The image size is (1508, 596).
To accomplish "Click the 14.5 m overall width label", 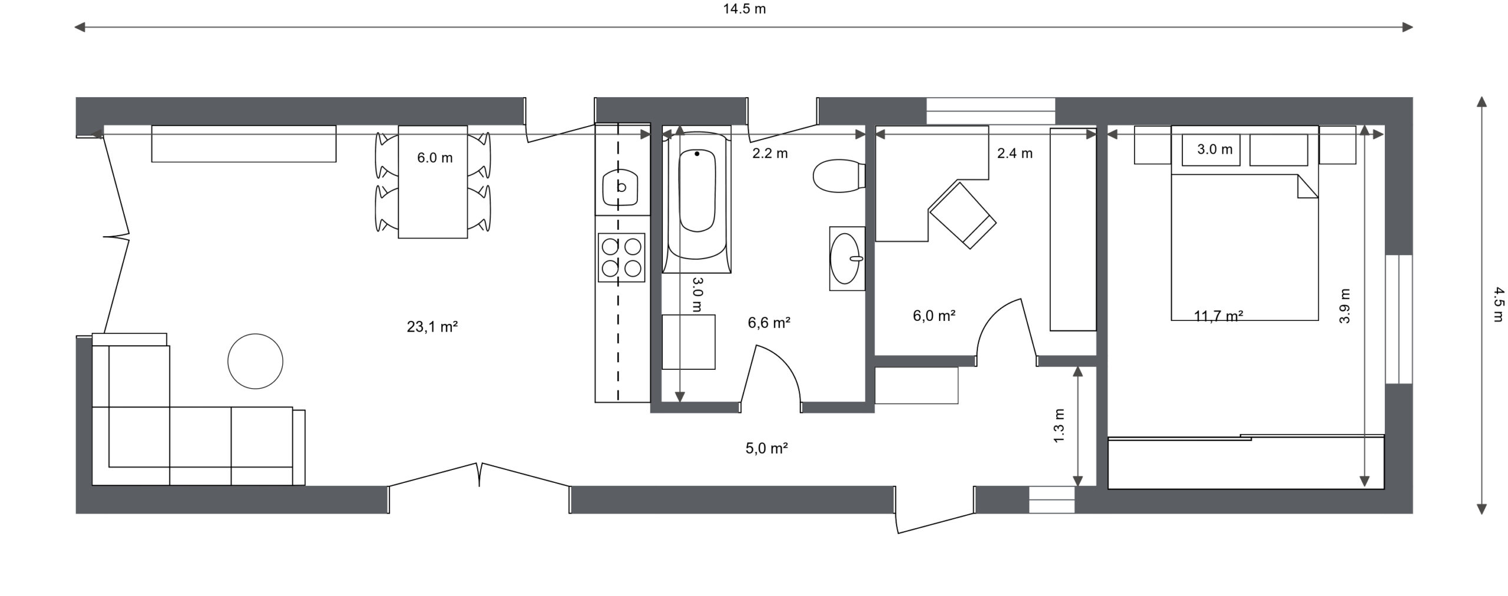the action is (x=745, y=9).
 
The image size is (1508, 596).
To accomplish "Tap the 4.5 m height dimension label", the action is (x=1498, y=304).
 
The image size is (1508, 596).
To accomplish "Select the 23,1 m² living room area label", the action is (x=432, y=326).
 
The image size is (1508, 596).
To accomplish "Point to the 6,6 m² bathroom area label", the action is (x=769, y=323).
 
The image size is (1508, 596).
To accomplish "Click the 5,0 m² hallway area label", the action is (x=767, y=448).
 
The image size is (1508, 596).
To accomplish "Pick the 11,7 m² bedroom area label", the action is (x=1218, y=316).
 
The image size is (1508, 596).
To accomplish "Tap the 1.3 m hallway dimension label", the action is (x=1059, y=425).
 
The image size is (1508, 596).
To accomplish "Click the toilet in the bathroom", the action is (x=839, y=176).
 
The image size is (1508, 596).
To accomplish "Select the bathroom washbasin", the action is (x=847, y=259).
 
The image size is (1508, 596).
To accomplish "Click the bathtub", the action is (x=696, y=199).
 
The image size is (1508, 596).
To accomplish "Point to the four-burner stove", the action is (x=621, y=257).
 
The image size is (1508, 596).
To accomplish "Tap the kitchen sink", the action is (x=620, y=187).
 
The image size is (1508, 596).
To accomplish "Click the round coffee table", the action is (x=255, y=361).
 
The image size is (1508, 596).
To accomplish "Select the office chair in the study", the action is (x=963, y=215).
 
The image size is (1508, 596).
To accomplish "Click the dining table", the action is (x=433, y=181).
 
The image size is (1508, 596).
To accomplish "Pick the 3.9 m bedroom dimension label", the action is (x=1344, y=306).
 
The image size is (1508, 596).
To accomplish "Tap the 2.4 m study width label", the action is (x=1014, y=153).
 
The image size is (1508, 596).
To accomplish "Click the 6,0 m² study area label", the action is (x=934, y=316).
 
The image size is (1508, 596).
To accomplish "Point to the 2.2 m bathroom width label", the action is (x=770, y=154).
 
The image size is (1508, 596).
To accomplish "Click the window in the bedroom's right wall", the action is (x=1399, y=319).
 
